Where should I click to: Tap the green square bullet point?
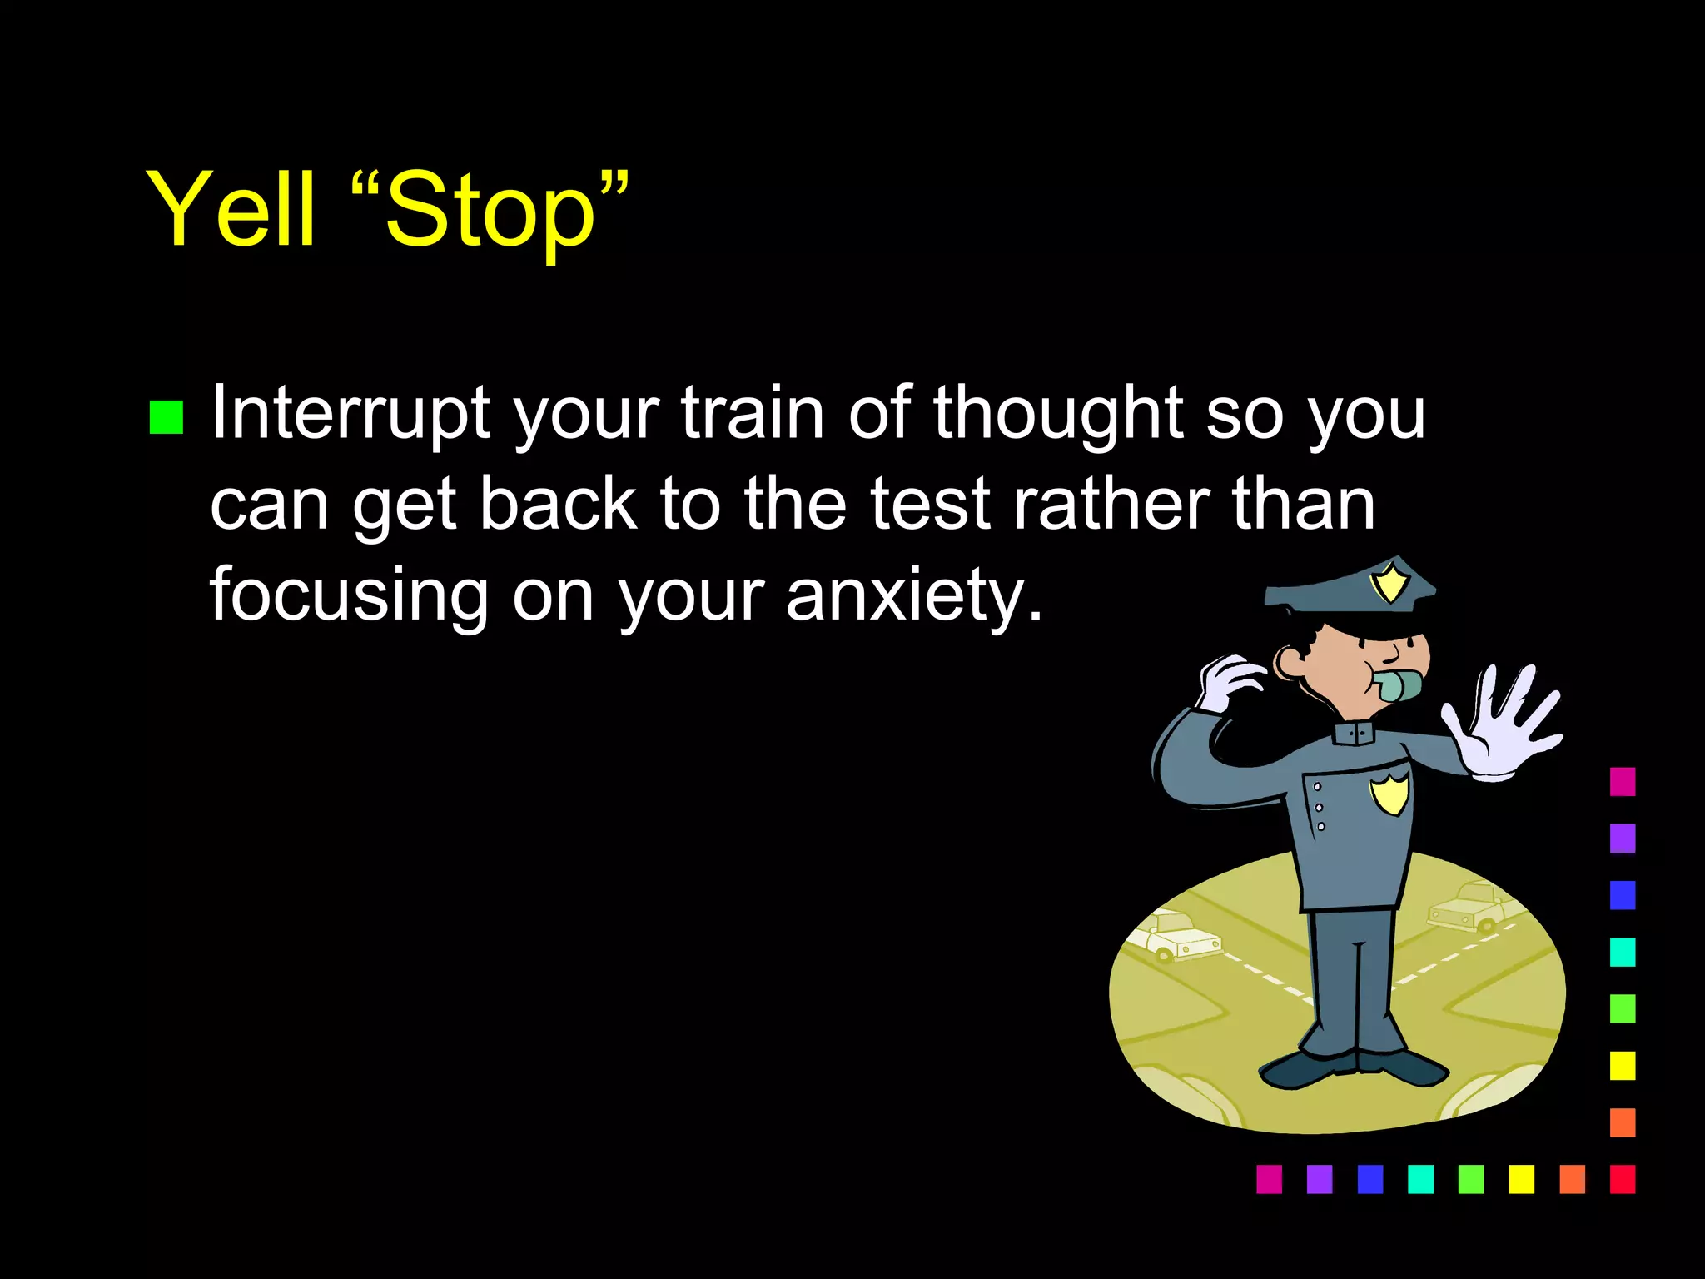tap(166, 418)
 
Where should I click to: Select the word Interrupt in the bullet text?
tap(350, 414)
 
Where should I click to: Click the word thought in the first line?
tap(1057, 414)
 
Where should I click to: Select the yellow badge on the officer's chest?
tap(1390, 792)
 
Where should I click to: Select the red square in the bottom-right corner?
tap(1622, 1179)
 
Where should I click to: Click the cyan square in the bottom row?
tap(1420, 1179)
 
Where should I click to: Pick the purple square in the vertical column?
tap(1622, 838)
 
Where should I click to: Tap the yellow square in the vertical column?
tap(1622, 1065)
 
